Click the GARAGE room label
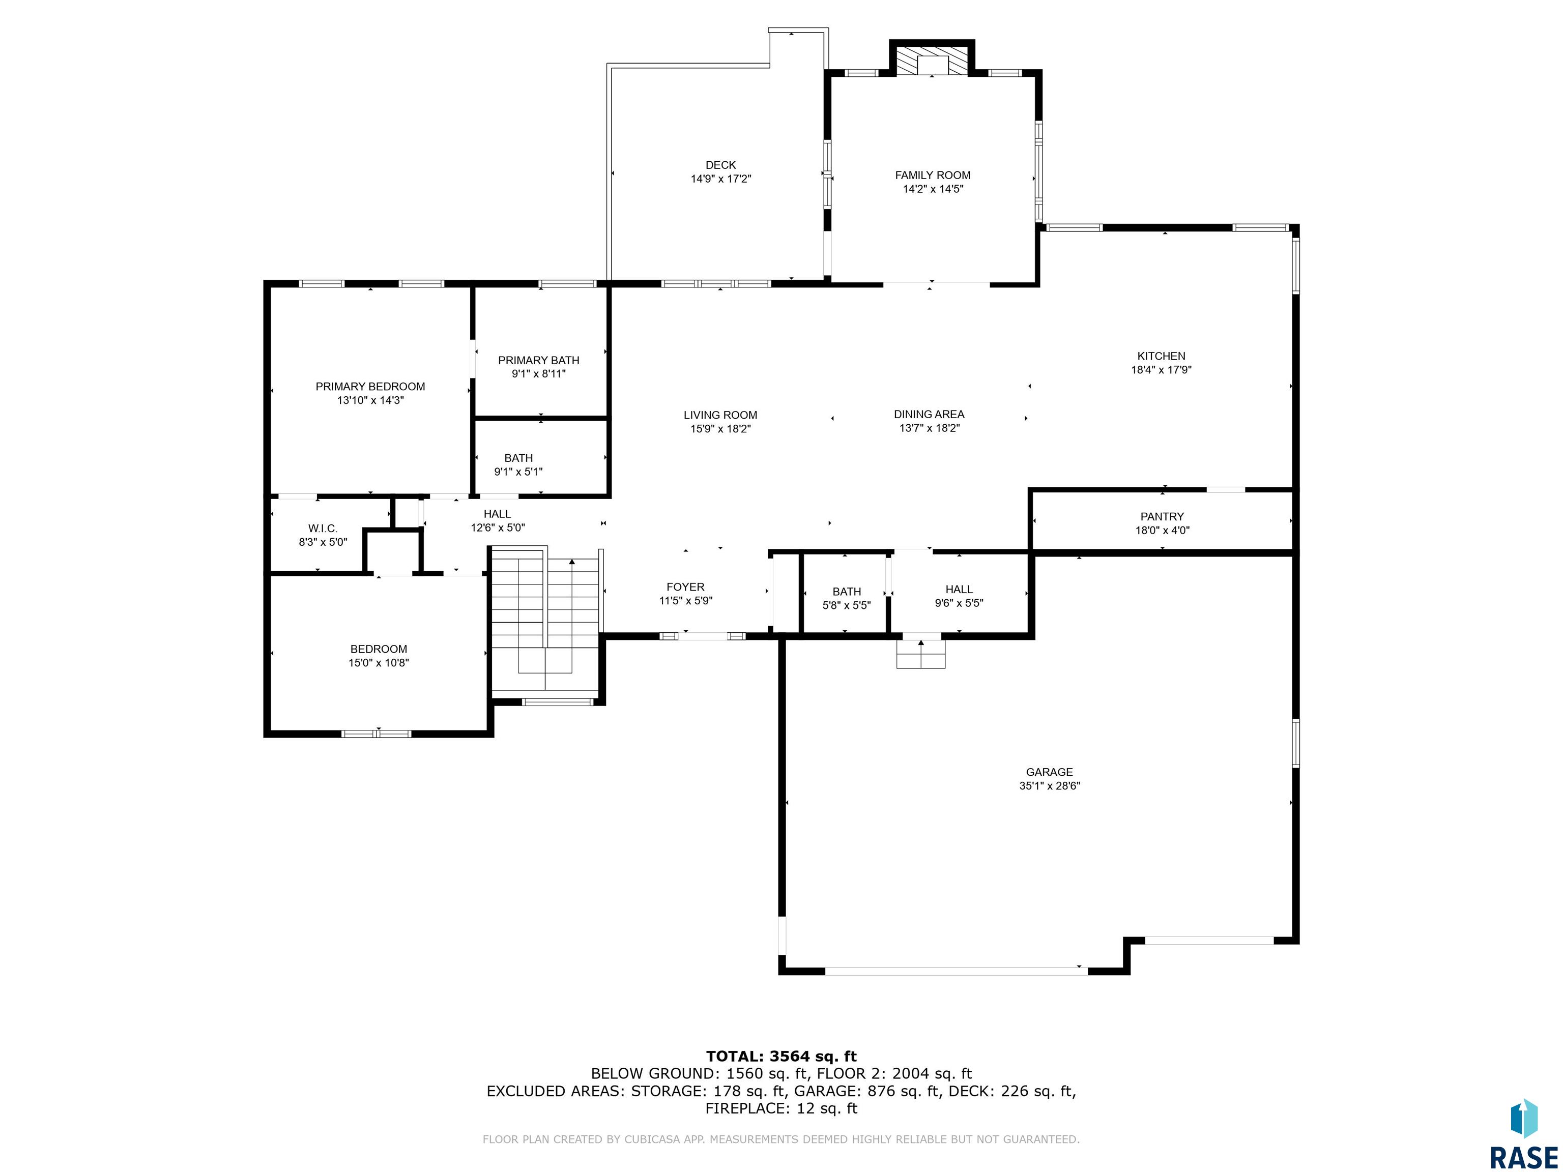point(1049,772)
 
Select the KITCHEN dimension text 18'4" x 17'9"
point(1161,369)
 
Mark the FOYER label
point(685,587)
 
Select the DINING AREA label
point(929,414)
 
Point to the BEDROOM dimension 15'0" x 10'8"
point(379,663)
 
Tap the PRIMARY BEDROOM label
point(370,387)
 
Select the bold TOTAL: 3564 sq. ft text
point(781,1056)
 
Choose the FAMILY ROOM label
point(933,175)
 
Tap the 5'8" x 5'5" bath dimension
point(847,605)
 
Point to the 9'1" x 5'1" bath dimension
point(518,472)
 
